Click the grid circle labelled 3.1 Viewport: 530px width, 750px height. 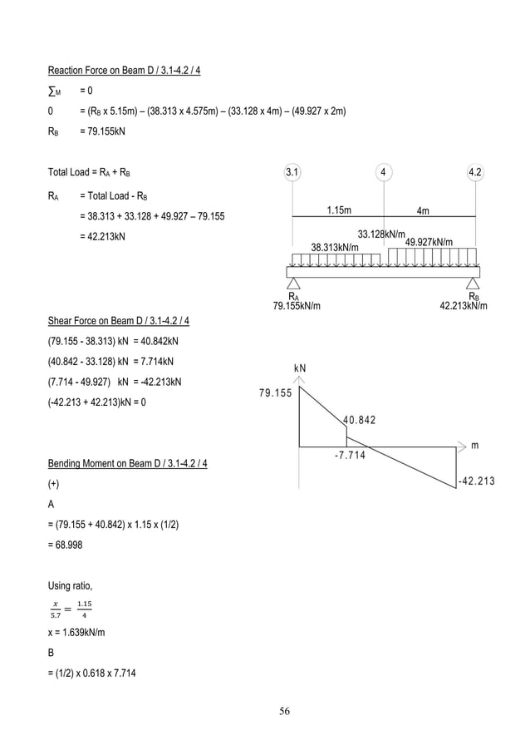coord(292,173)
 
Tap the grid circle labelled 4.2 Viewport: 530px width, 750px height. coord(476,173)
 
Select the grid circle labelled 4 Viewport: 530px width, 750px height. coord(383,173)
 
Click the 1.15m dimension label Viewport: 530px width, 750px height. coord(337,210)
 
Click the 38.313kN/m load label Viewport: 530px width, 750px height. coord(335,247)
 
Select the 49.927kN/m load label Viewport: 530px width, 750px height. coord(429,242)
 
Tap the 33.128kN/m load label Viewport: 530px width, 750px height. coord(381,234)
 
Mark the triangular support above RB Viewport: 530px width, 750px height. coord(474,284)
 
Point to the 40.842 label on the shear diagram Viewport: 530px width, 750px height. coord(359,420)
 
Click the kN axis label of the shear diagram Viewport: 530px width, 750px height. coord(300,368)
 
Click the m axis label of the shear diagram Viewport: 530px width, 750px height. coord(474,446)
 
